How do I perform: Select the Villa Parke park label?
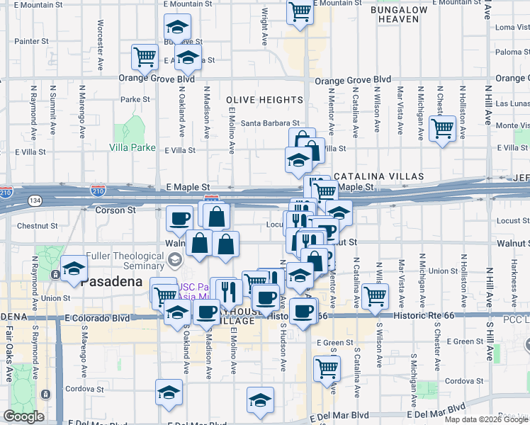pos(132,148)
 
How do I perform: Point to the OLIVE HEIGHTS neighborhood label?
pos(264,100)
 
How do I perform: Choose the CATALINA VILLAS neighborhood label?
pos(378,176)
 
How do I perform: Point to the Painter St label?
pos(31,42)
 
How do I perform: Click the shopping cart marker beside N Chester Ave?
pos(443,130)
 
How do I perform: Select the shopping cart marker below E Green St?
pos(327,368)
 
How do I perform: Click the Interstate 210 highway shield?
pos(98,191)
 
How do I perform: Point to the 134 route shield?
pos(33,202)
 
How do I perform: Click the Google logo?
pos(23,416)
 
